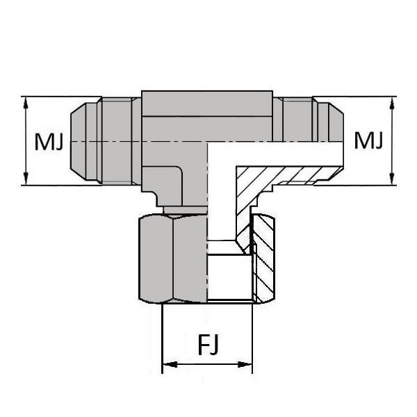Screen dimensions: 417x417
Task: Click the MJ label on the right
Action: [368, 141]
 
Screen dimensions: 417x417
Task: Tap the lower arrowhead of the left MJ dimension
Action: [26, 179]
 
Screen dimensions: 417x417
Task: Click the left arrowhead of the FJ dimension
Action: [167, 364]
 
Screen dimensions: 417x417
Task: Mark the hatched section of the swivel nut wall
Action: [263, 264]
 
